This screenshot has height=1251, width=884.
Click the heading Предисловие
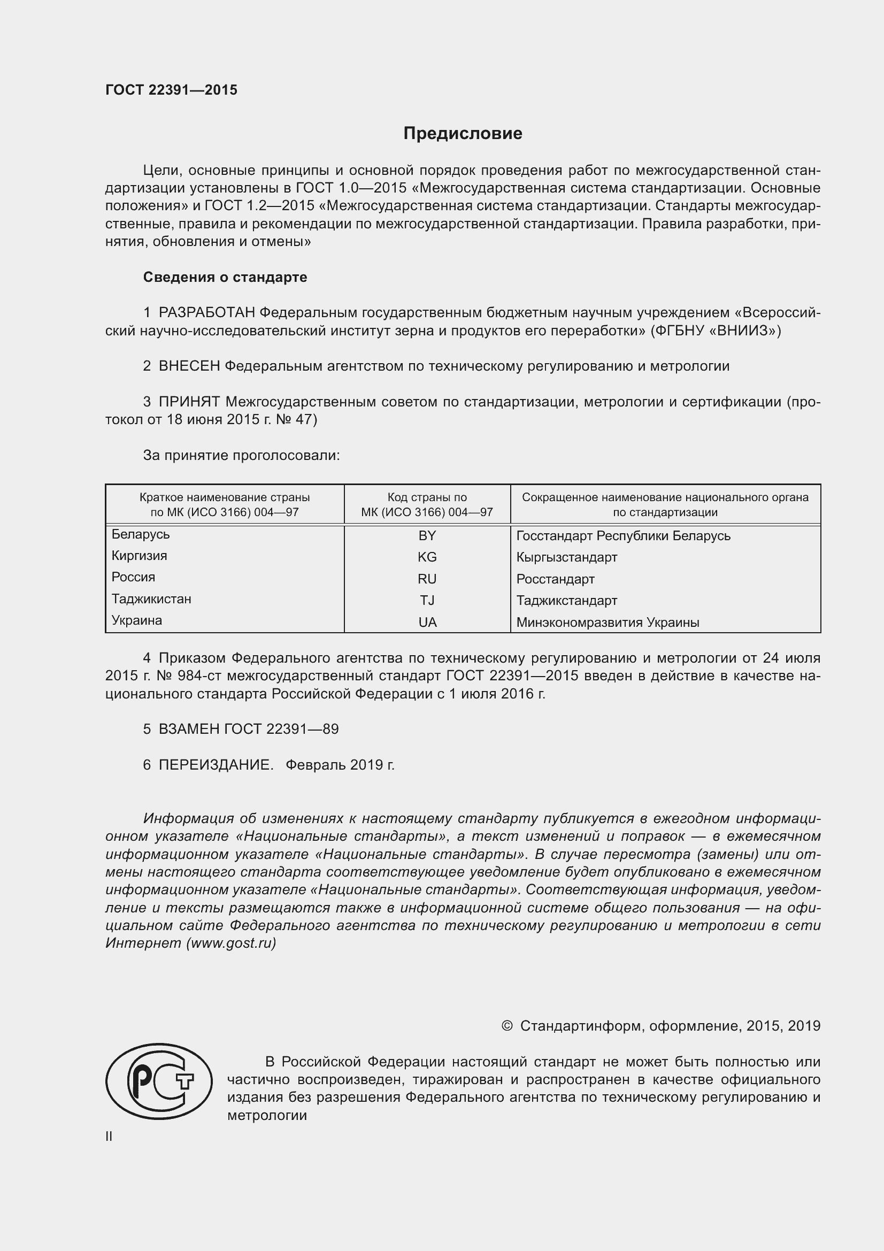click(463, 134)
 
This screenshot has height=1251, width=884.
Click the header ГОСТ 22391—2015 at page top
click(171, 90)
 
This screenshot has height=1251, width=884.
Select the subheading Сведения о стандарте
click(225, 278)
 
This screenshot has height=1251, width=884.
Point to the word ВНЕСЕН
click(189, 366)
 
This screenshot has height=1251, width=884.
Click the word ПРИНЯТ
click(189, 402)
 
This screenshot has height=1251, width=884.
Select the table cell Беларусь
click(141, 534)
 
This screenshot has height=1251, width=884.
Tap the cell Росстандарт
click(555, 579)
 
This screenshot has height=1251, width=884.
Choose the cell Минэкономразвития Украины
click(608, 622)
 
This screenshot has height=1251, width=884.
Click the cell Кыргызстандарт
click(566, 557)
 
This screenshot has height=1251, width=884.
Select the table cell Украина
click(137, 620)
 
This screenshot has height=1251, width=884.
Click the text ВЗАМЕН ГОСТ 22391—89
click(248, 729)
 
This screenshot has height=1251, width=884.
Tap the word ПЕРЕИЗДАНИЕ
click(216, 765)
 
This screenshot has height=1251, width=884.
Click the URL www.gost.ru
click(231, 943)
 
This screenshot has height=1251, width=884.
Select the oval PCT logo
click(159, 1081)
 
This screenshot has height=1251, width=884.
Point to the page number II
click(109, 1137)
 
